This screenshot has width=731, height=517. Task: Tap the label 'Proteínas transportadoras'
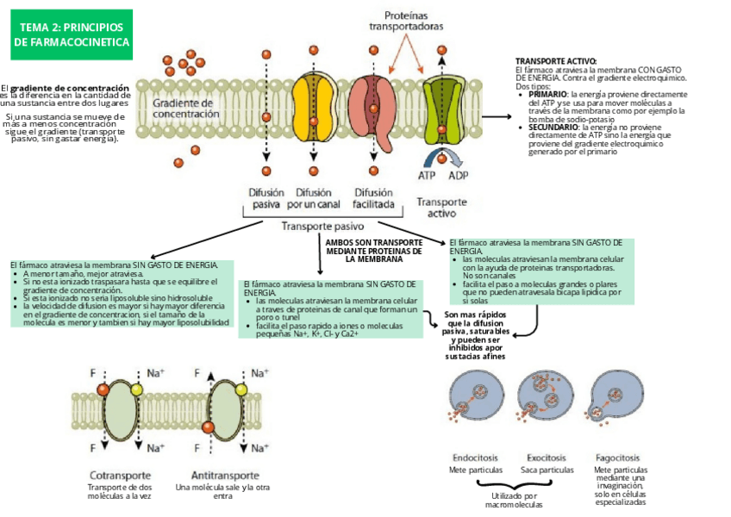[x=406, y=21]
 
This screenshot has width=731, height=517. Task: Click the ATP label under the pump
[x=428, y=175]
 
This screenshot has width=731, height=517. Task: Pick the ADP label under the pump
[x=459, y=175]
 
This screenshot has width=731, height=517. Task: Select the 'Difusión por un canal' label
[x=314, y=199]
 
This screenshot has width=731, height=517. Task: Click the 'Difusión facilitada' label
[x=373, y=199]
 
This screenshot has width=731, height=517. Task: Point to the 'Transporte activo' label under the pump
[x=441, y=208]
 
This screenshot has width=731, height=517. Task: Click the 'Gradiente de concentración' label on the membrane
[x=186, y=108]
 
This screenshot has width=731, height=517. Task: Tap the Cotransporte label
[x=121, y=475]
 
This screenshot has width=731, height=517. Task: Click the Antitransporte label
[x=224, y=475]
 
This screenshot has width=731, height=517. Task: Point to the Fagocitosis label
[x=617, y=458]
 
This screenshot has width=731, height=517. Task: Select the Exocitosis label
[x=547, y=458]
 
